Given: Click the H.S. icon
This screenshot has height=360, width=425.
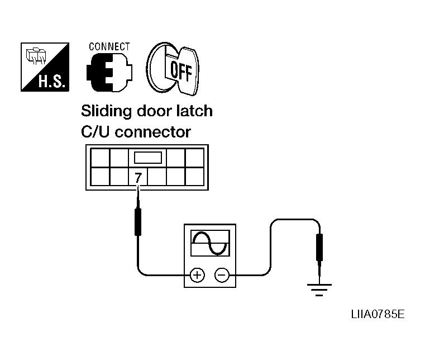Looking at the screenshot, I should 44,67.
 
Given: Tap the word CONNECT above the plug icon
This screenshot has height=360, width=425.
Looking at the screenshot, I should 109,47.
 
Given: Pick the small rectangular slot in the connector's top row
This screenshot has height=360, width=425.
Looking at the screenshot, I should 148,157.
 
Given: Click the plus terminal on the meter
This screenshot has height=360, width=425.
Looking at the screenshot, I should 197,275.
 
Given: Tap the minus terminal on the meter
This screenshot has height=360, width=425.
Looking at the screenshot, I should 222,275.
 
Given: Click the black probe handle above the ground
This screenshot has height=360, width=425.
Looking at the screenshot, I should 319,248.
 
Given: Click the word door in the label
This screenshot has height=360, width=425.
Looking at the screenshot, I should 155,111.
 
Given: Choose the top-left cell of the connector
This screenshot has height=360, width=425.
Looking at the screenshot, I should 99,157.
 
